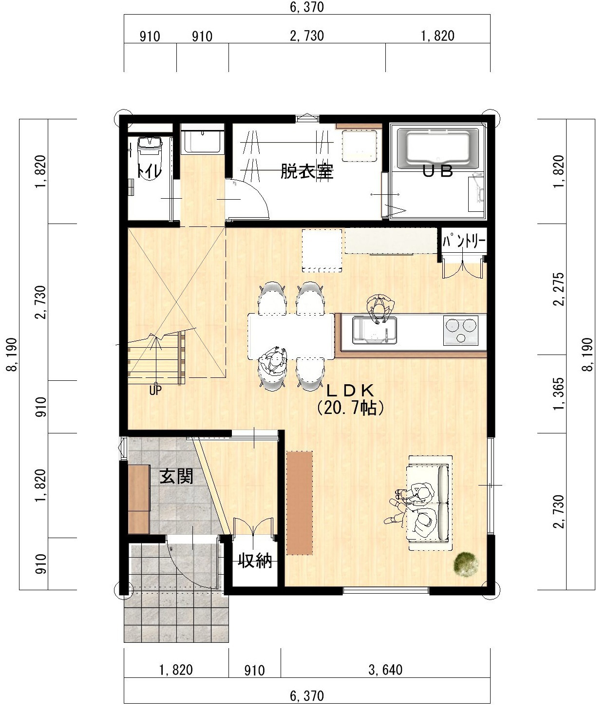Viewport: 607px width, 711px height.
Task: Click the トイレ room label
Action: (x=150, y=171)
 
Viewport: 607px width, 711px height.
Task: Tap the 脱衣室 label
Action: (x=307, y=171)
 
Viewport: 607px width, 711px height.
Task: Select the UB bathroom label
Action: (x=437, y=171)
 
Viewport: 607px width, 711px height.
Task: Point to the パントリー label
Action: (x=464, y=241)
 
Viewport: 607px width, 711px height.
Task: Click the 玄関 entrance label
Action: (x=176, y=476)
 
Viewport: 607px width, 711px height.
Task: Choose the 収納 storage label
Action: (x=255, y=561)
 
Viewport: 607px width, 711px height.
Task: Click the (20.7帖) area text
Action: (x=350, y=408)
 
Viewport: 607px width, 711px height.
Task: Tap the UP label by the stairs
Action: (x=155, y=391)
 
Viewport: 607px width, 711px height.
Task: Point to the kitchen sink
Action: (x=375, y=330)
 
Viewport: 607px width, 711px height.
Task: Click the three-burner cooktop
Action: (x=461, y=330)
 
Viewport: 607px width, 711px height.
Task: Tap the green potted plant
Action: (x=466, y=564)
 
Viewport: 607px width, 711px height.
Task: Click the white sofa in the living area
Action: (x=430, y=503)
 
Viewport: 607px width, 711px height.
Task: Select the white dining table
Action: (x=291, y=336)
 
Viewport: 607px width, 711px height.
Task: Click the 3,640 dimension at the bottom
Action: (x=385, y=670)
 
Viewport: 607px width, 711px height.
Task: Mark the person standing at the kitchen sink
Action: (x=380, y=308)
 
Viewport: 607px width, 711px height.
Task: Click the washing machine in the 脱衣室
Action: (x=359, y=146)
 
